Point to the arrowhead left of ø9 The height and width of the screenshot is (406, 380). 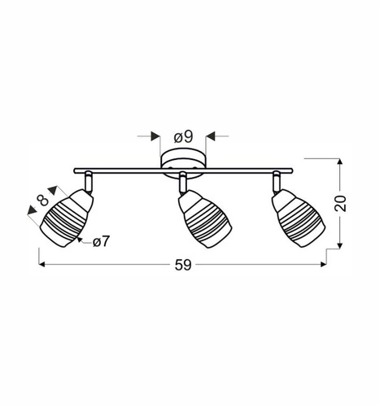pyautogui.click(x=155, y=136)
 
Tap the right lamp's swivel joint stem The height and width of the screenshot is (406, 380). pyautogui.click(x=277, y=182)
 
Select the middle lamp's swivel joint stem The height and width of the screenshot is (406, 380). pyautogui.click(x=184, y=183)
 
